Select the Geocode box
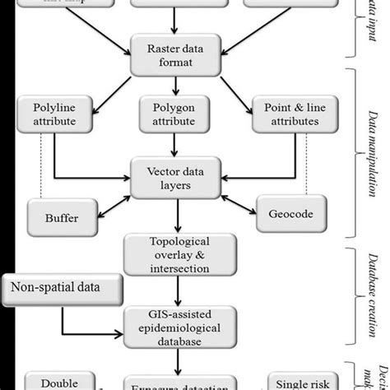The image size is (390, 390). click(x=285, y=215)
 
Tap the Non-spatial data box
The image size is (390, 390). click(x=63, y=288)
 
